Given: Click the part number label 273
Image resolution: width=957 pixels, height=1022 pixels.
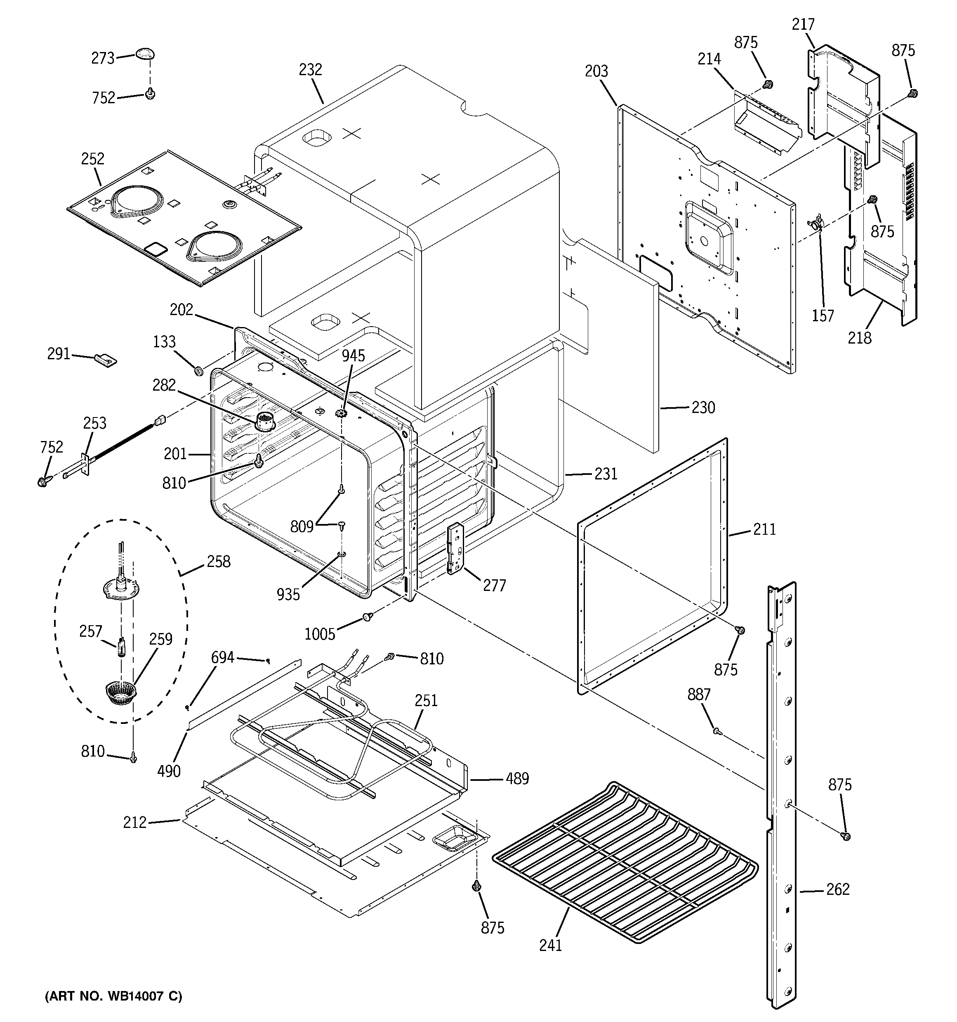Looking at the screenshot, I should pyautogui.click(x=103, y=59).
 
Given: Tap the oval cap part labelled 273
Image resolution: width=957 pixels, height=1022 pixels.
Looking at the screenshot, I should pyautogui.click(x=145, y=53).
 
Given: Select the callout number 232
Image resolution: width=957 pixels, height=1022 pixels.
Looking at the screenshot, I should pyautogui.click(x=310, y=69).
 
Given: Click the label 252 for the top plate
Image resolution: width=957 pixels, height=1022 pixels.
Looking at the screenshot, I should pyautogui.click(x=92, y=159).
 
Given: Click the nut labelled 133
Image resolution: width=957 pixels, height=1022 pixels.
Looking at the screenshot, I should pyautogui.click(x=198, y=370).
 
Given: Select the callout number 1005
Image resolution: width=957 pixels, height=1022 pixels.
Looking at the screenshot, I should pyautogui.click(x=320, y=634).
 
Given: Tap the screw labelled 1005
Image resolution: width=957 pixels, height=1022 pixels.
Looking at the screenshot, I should pyautogui.click(x=367, y=617).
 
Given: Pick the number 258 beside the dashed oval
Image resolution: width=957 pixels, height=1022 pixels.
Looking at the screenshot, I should pyautogui.click(x=218, y=562).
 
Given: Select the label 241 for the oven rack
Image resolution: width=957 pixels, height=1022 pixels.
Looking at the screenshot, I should pyautogui.click(x=550, y=945).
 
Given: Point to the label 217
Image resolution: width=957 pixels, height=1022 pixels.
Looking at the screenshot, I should pyautogui.click(x=803, y=25).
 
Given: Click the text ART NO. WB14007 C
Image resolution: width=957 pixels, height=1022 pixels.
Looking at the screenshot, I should pyautogui.click(x=113, y=996).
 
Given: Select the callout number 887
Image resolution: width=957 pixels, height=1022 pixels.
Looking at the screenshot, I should pyautogui.click(x=699, y=695).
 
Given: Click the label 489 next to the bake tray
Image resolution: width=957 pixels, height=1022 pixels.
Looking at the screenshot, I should pyautogui.click(x=517, y=779).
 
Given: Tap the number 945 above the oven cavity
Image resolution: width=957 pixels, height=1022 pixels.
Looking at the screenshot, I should pyautogui.click(x=354, y=356).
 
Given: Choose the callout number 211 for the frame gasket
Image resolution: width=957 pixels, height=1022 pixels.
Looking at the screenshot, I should pyautogui.click(x=764, y=529).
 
